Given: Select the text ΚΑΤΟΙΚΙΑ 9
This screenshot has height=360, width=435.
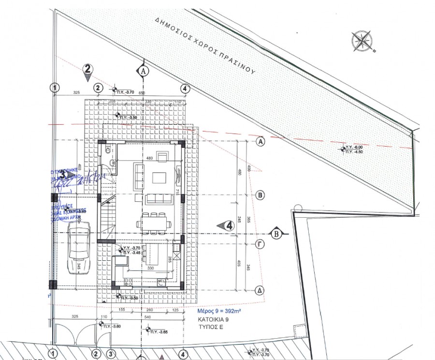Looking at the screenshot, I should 213,320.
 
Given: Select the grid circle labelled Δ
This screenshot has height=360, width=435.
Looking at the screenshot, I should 261,290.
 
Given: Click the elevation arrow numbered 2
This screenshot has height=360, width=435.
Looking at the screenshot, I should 87,70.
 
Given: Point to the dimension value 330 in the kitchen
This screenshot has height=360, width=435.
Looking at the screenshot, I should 150,268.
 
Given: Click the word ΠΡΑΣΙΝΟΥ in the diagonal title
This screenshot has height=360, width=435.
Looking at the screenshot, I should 233,60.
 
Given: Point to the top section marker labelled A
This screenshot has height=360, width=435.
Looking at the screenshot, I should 143,71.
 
